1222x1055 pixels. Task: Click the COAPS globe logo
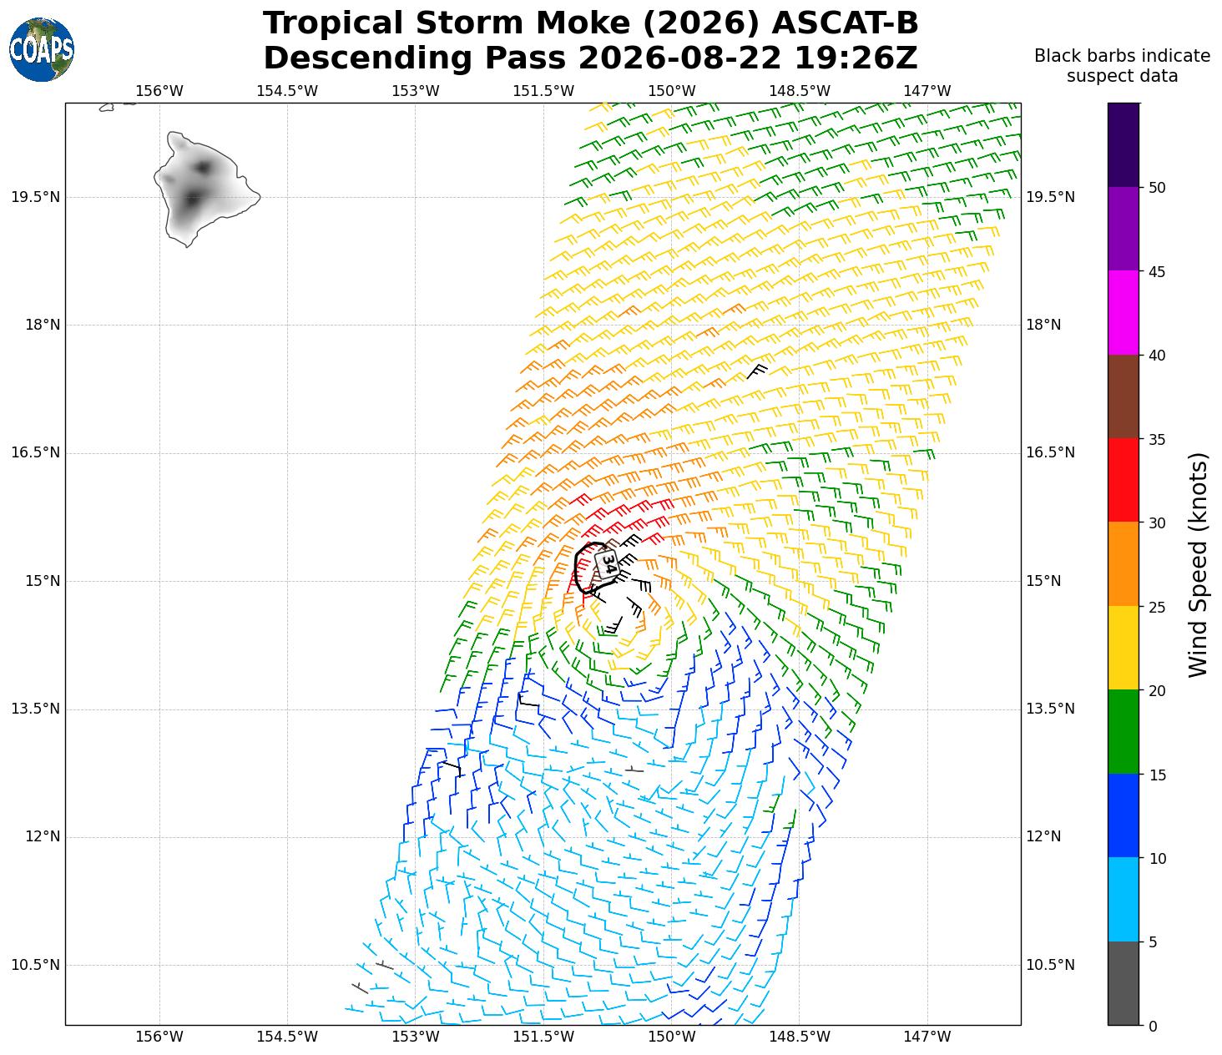42,49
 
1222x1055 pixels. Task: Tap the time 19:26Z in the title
856,58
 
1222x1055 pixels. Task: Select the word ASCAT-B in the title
845,23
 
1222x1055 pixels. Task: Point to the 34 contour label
608,563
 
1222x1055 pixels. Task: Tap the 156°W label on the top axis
159,91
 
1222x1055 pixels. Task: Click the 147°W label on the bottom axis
927,1037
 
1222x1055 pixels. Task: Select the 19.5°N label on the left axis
35,197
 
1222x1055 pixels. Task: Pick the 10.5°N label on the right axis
1050,965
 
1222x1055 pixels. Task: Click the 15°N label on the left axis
43,581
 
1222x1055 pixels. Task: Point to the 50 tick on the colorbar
1157,188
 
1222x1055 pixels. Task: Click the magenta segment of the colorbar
1124,313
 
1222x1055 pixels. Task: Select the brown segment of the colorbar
1124,396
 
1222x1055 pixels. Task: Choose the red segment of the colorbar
1124,480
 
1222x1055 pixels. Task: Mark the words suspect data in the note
1122,76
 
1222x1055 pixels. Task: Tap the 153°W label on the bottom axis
415,1037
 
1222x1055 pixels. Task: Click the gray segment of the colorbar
1124,983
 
